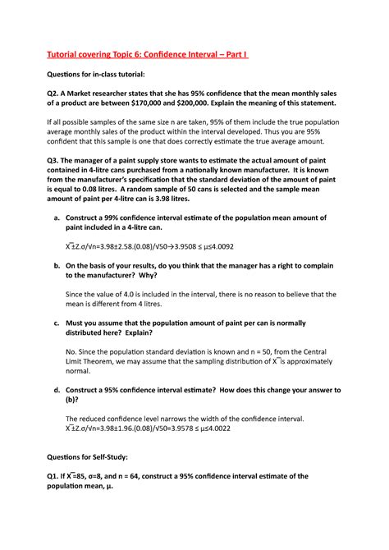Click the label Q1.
(x=57, y=475)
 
